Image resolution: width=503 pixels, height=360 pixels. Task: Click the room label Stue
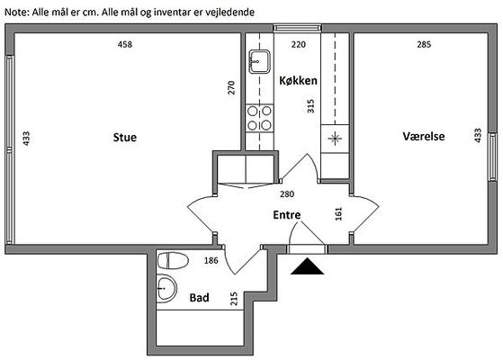125,138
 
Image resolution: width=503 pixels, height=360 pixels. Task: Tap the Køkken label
298,80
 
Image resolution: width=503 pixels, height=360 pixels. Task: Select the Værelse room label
424,136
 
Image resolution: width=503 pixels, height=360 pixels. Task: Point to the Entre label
287,215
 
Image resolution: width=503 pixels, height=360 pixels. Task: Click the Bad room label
199,297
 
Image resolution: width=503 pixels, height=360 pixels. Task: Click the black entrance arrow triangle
307,266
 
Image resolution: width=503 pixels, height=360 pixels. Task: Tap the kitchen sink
259,61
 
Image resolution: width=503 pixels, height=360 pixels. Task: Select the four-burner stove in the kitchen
259,118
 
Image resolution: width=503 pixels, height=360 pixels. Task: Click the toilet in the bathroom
173,260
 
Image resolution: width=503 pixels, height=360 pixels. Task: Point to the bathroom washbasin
166,288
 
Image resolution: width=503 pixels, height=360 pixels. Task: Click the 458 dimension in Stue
125,44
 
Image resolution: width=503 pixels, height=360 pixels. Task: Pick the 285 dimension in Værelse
424,44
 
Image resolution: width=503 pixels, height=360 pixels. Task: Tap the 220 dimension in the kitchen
299,44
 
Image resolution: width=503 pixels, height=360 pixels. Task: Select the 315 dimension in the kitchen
310,106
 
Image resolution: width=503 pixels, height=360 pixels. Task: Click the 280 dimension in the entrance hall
287,194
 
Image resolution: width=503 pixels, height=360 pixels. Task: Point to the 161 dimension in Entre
338,214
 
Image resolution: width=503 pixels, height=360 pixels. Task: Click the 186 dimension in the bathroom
211,260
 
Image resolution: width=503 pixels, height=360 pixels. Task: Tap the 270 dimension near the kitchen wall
231,87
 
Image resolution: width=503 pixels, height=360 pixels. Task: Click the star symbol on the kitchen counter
335,139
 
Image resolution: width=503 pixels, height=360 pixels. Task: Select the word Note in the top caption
17,13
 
